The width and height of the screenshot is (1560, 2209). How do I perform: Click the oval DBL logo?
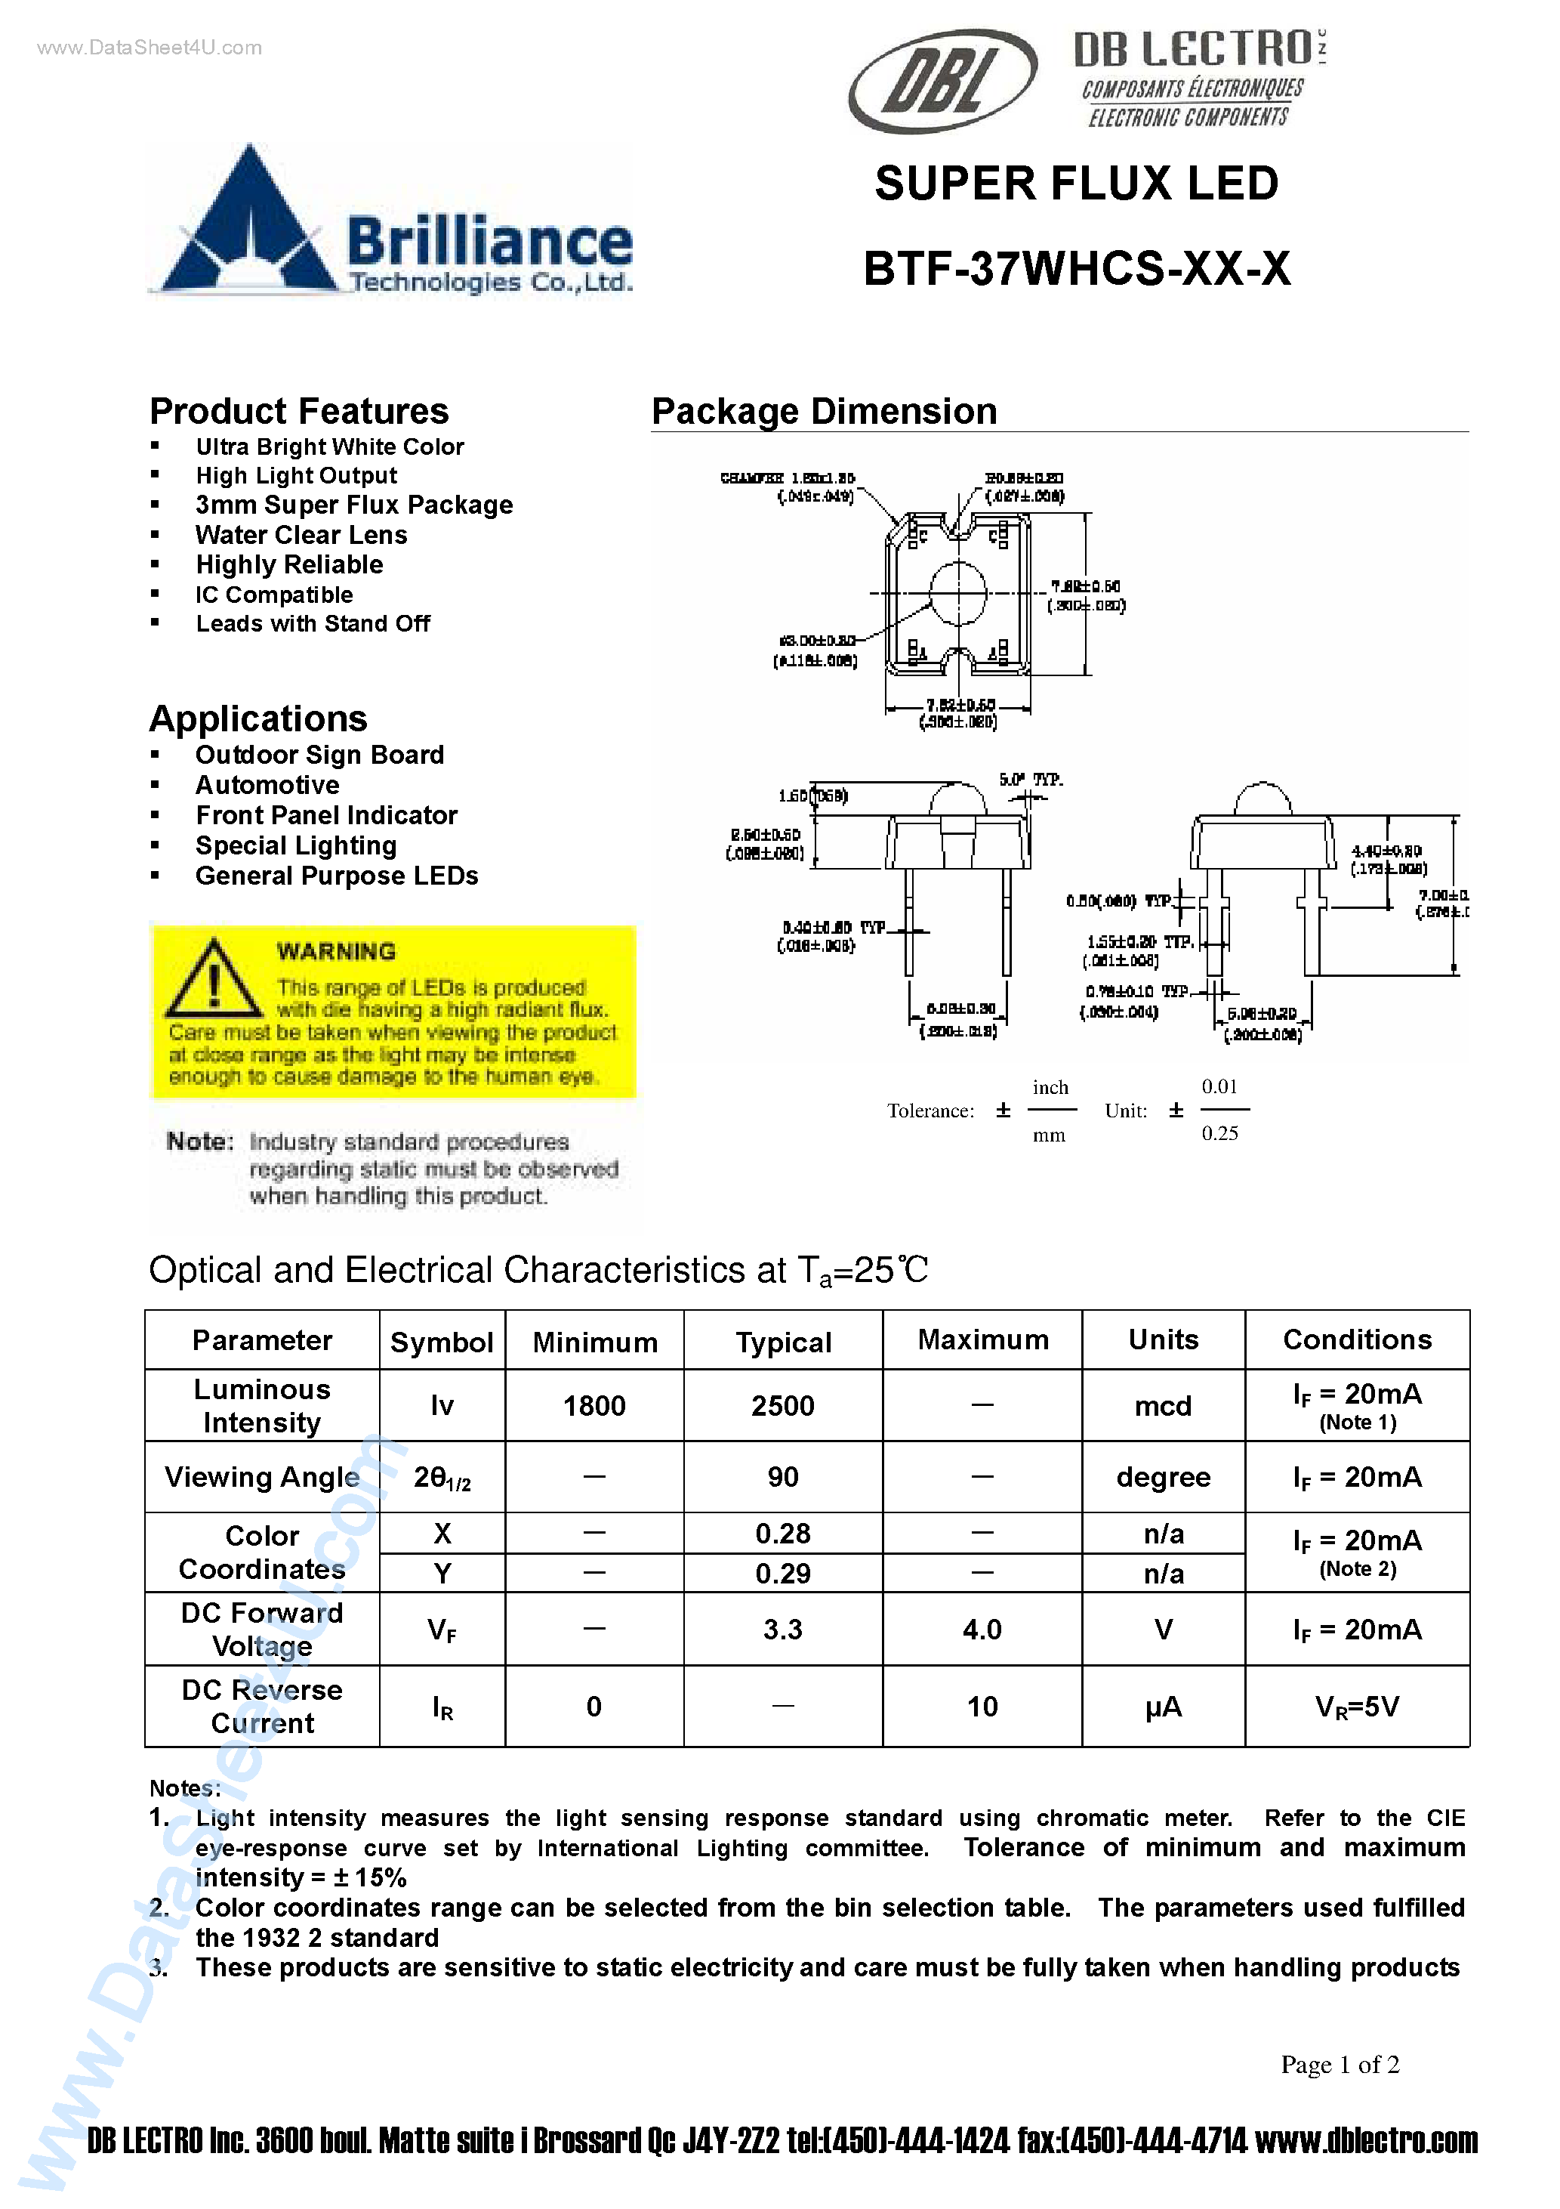942,81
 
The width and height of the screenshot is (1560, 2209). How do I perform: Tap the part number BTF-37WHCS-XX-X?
1076,268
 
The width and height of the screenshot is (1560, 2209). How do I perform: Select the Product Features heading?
299,412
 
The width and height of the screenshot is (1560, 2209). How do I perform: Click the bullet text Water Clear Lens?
301,535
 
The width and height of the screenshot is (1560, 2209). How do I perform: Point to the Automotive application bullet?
267,785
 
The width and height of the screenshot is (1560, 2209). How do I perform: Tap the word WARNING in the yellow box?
336,952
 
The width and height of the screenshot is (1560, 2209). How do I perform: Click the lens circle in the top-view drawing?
958,592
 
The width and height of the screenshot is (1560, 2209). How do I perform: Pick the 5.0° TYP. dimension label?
1030,780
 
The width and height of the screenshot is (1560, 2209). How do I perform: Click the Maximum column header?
982,1340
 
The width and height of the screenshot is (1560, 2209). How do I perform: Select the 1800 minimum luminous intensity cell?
594,1407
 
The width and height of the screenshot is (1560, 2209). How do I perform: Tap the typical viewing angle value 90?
783,1477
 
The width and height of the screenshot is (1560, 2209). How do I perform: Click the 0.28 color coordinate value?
783,1534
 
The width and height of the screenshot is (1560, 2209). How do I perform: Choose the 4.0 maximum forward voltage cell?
982,1630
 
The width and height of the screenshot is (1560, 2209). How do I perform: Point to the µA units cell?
1163,1707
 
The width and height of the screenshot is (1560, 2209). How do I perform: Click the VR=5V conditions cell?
1357,1707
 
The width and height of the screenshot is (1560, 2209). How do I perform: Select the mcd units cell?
1163,1407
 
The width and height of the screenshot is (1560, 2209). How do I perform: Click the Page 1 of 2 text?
1340,2065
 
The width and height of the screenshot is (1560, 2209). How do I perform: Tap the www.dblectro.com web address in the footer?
1367,2141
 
